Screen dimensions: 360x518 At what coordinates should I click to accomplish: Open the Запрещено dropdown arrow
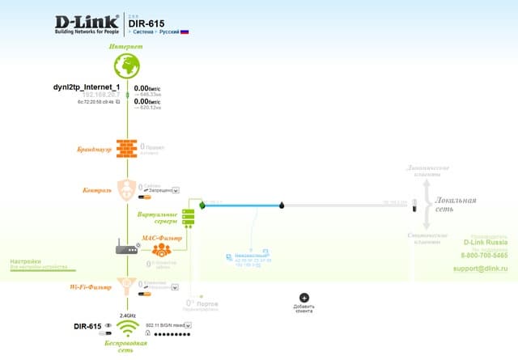[176, 190]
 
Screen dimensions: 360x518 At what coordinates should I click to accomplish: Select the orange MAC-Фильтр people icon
[159, 250]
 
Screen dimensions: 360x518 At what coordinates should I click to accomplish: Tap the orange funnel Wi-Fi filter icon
[126, 285]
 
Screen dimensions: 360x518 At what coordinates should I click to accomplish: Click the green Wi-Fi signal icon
[127, 328]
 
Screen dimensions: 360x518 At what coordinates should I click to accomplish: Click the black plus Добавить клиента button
[304, 298]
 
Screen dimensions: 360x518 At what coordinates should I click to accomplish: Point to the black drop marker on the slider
[282, 205]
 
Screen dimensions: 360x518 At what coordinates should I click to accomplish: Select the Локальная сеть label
[456, 205]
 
